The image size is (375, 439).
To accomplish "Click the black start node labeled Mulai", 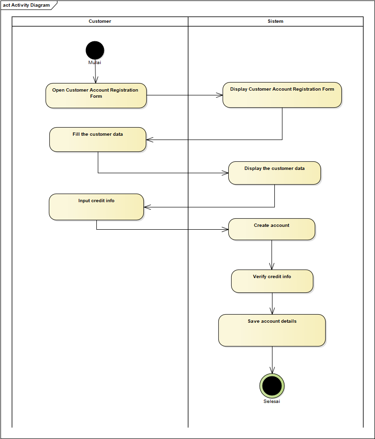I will [95, 50].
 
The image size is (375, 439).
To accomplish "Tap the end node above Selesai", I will [272, 385].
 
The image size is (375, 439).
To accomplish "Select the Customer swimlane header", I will [100, 21].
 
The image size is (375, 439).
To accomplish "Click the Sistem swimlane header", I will [275, 21].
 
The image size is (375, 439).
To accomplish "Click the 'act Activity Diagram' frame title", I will [27, 5].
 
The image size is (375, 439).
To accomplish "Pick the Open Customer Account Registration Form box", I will [96, 95].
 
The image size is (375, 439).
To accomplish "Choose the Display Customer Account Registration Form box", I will [282, 95].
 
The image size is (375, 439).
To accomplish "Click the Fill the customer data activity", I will [97, 140].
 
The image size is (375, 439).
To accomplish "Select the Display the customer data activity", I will [274, 173].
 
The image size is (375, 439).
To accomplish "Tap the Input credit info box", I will [96, 207].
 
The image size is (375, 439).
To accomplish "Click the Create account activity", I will [272, 229].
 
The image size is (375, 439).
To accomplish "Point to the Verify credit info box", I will [272, 281].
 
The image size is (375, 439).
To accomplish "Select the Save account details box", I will [272, 330].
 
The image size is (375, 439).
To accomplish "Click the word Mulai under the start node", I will [94, 63].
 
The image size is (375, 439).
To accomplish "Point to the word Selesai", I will [272, 402].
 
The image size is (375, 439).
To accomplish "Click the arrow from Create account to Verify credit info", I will [272, 255].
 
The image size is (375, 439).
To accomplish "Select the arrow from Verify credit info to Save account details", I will [272, 303].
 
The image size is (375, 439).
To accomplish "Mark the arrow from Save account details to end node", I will [272, 360].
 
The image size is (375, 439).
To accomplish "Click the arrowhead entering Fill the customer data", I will [150, 140].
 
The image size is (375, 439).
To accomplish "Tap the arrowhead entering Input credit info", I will [147, 207].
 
